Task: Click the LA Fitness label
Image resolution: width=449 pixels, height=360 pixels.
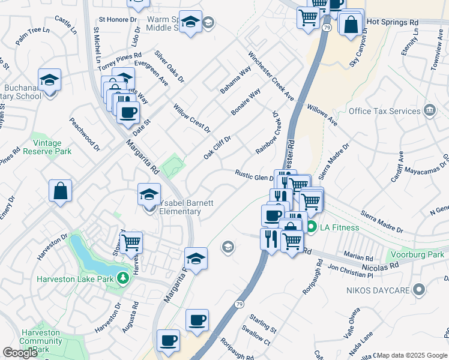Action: click(339, 227)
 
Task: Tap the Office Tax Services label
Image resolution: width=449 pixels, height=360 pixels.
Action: click(384, 111)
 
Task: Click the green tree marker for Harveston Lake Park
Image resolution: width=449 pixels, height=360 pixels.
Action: click(122, 278)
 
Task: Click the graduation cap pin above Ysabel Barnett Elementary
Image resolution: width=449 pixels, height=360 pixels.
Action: click(149, 194)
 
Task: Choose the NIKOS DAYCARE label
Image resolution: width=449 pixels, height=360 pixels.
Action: click(378, 290)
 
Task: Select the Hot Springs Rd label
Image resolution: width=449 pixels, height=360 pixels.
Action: click(392, 22)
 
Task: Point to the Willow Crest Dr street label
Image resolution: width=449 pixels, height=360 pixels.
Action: click(191, 118)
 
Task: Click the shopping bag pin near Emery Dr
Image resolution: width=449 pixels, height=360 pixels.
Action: click(60, 191)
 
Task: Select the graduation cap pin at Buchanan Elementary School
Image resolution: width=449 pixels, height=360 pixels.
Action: click(49, 80)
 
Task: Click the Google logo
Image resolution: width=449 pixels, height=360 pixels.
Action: click(20, 353)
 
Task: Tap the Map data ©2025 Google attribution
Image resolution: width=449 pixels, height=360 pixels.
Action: click(412, 355)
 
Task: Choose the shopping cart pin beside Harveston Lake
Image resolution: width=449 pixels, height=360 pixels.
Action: click(131, 243)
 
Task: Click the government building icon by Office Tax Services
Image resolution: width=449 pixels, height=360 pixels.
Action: click(429, 110)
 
